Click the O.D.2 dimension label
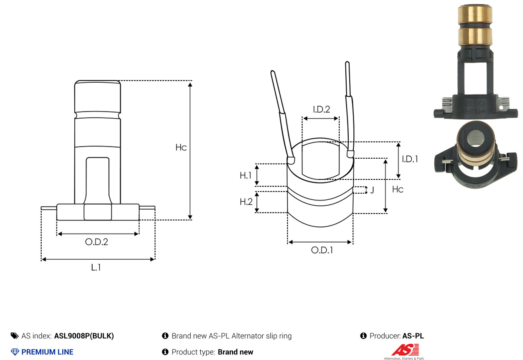pyautogui.click(x=97, y=242)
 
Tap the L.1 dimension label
pyautogui.click(x=96, y=267)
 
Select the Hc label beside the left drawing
pyautogui.click(x=181, y=148)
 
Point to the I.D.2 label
pyautogui.click(x=322, y=109)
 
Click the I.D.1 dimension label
pyautogui.click(x=410, y=159)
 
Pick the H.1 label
pyautogui.click(x=245, y=175)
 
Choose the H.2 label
pyautogui.click(x=246, y=202)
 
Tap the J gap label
pyautogui.click(x=372, y=190)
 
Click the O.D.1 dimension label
pyautogui.click(x=322, y=250)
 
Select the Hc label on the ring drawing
pyautogui.click(x=398, y=189)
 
